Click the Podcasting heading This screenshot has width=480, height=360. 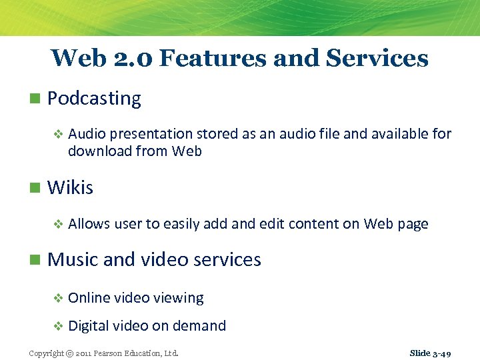pos(94,99)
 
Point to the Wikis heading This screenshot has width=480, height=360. pos(70,187)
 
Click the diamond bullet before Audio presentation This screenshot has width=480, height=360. pos(58,134)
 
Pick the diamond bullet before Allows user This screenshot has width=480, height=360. pos(58,224)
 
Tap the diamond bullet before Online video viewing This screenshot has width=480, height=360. pos(58,298)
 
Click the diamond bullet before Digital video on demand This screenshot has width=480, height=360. pos(58,326)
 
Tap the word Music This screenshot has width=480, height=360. pos(73,259)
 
